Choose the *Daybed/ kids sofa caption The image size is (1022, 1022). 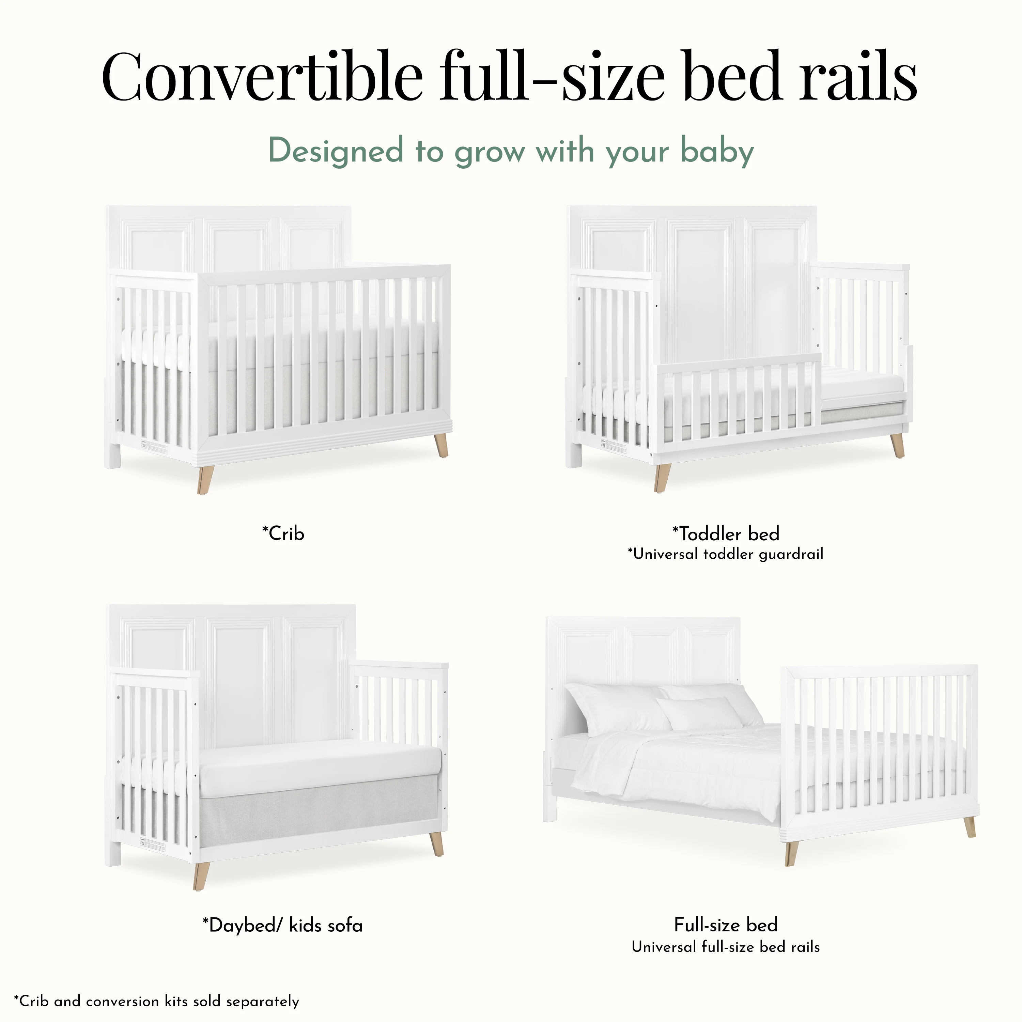click(282, 925)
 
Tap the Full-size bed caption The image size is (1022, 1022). click(726, 925)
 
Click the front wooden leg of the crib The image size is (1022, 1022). click(205, 480)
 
